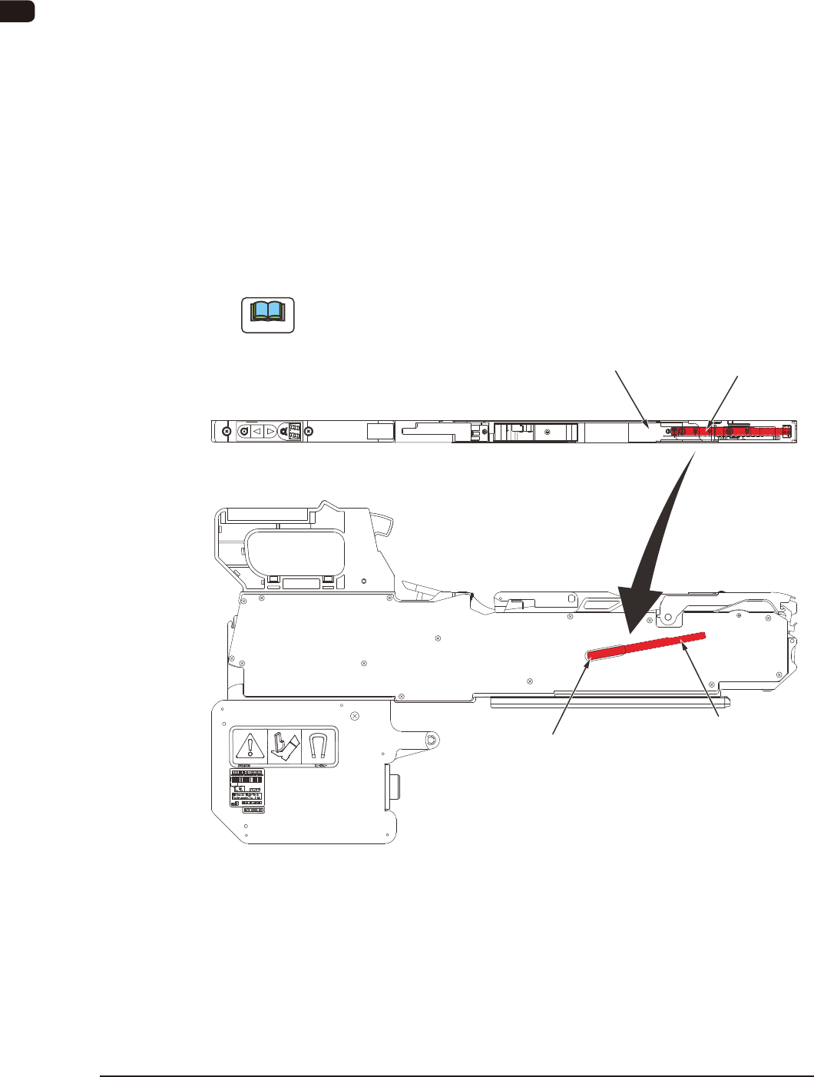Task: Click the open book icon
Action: [268, 314]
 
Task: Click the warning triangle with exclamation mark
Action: [250, 747]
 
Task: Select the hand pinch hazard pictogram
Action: [285, 747]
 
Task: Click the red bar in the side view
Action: [646, 644]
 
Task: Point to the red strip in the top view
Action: [730, 432]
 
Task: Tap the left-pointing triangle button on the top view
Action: [257, 432]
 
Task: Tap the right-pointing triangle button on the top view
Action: [270, 432]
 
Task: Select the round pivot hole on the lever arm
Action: [432, 740]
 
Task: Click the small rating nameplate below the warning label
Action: [247, 790]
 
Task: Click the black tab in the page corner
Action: [17, 11]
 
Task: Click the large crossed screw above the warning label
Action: [354, 715]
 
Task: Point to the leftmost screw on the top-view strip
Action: [225, 432]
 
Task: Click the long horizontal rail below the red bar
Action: [610, 701]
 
